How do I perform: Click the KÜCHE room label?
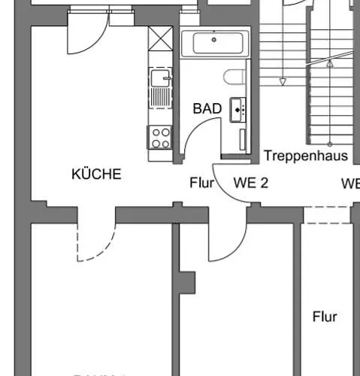pyautogui.click(x=96, y=174)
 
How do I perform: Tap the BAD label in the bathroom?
pyautogui.click(x=207, y=108)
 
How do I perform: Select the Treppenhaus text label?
pyautogui.click(x=307, y=156)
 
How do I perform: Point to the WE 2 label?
pyautogui.click(x=251, y=182)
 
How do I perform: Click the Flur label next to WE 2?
pyautogui.click(x=202, y=182)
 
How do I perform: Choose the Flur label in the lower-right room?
pyautogui.click(x=325, y=317)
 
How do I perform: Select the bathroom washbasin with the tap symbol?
pyautogui.click(x=240, y=109)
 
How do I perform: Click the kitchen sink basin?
pyautogui.click(x=158, y=77)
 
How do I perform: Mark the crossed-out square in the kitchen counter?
pyautogui.click(x=160, y=38)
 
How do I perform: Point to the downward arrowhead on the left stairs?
pyautogui.click(x=283, y=81)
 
